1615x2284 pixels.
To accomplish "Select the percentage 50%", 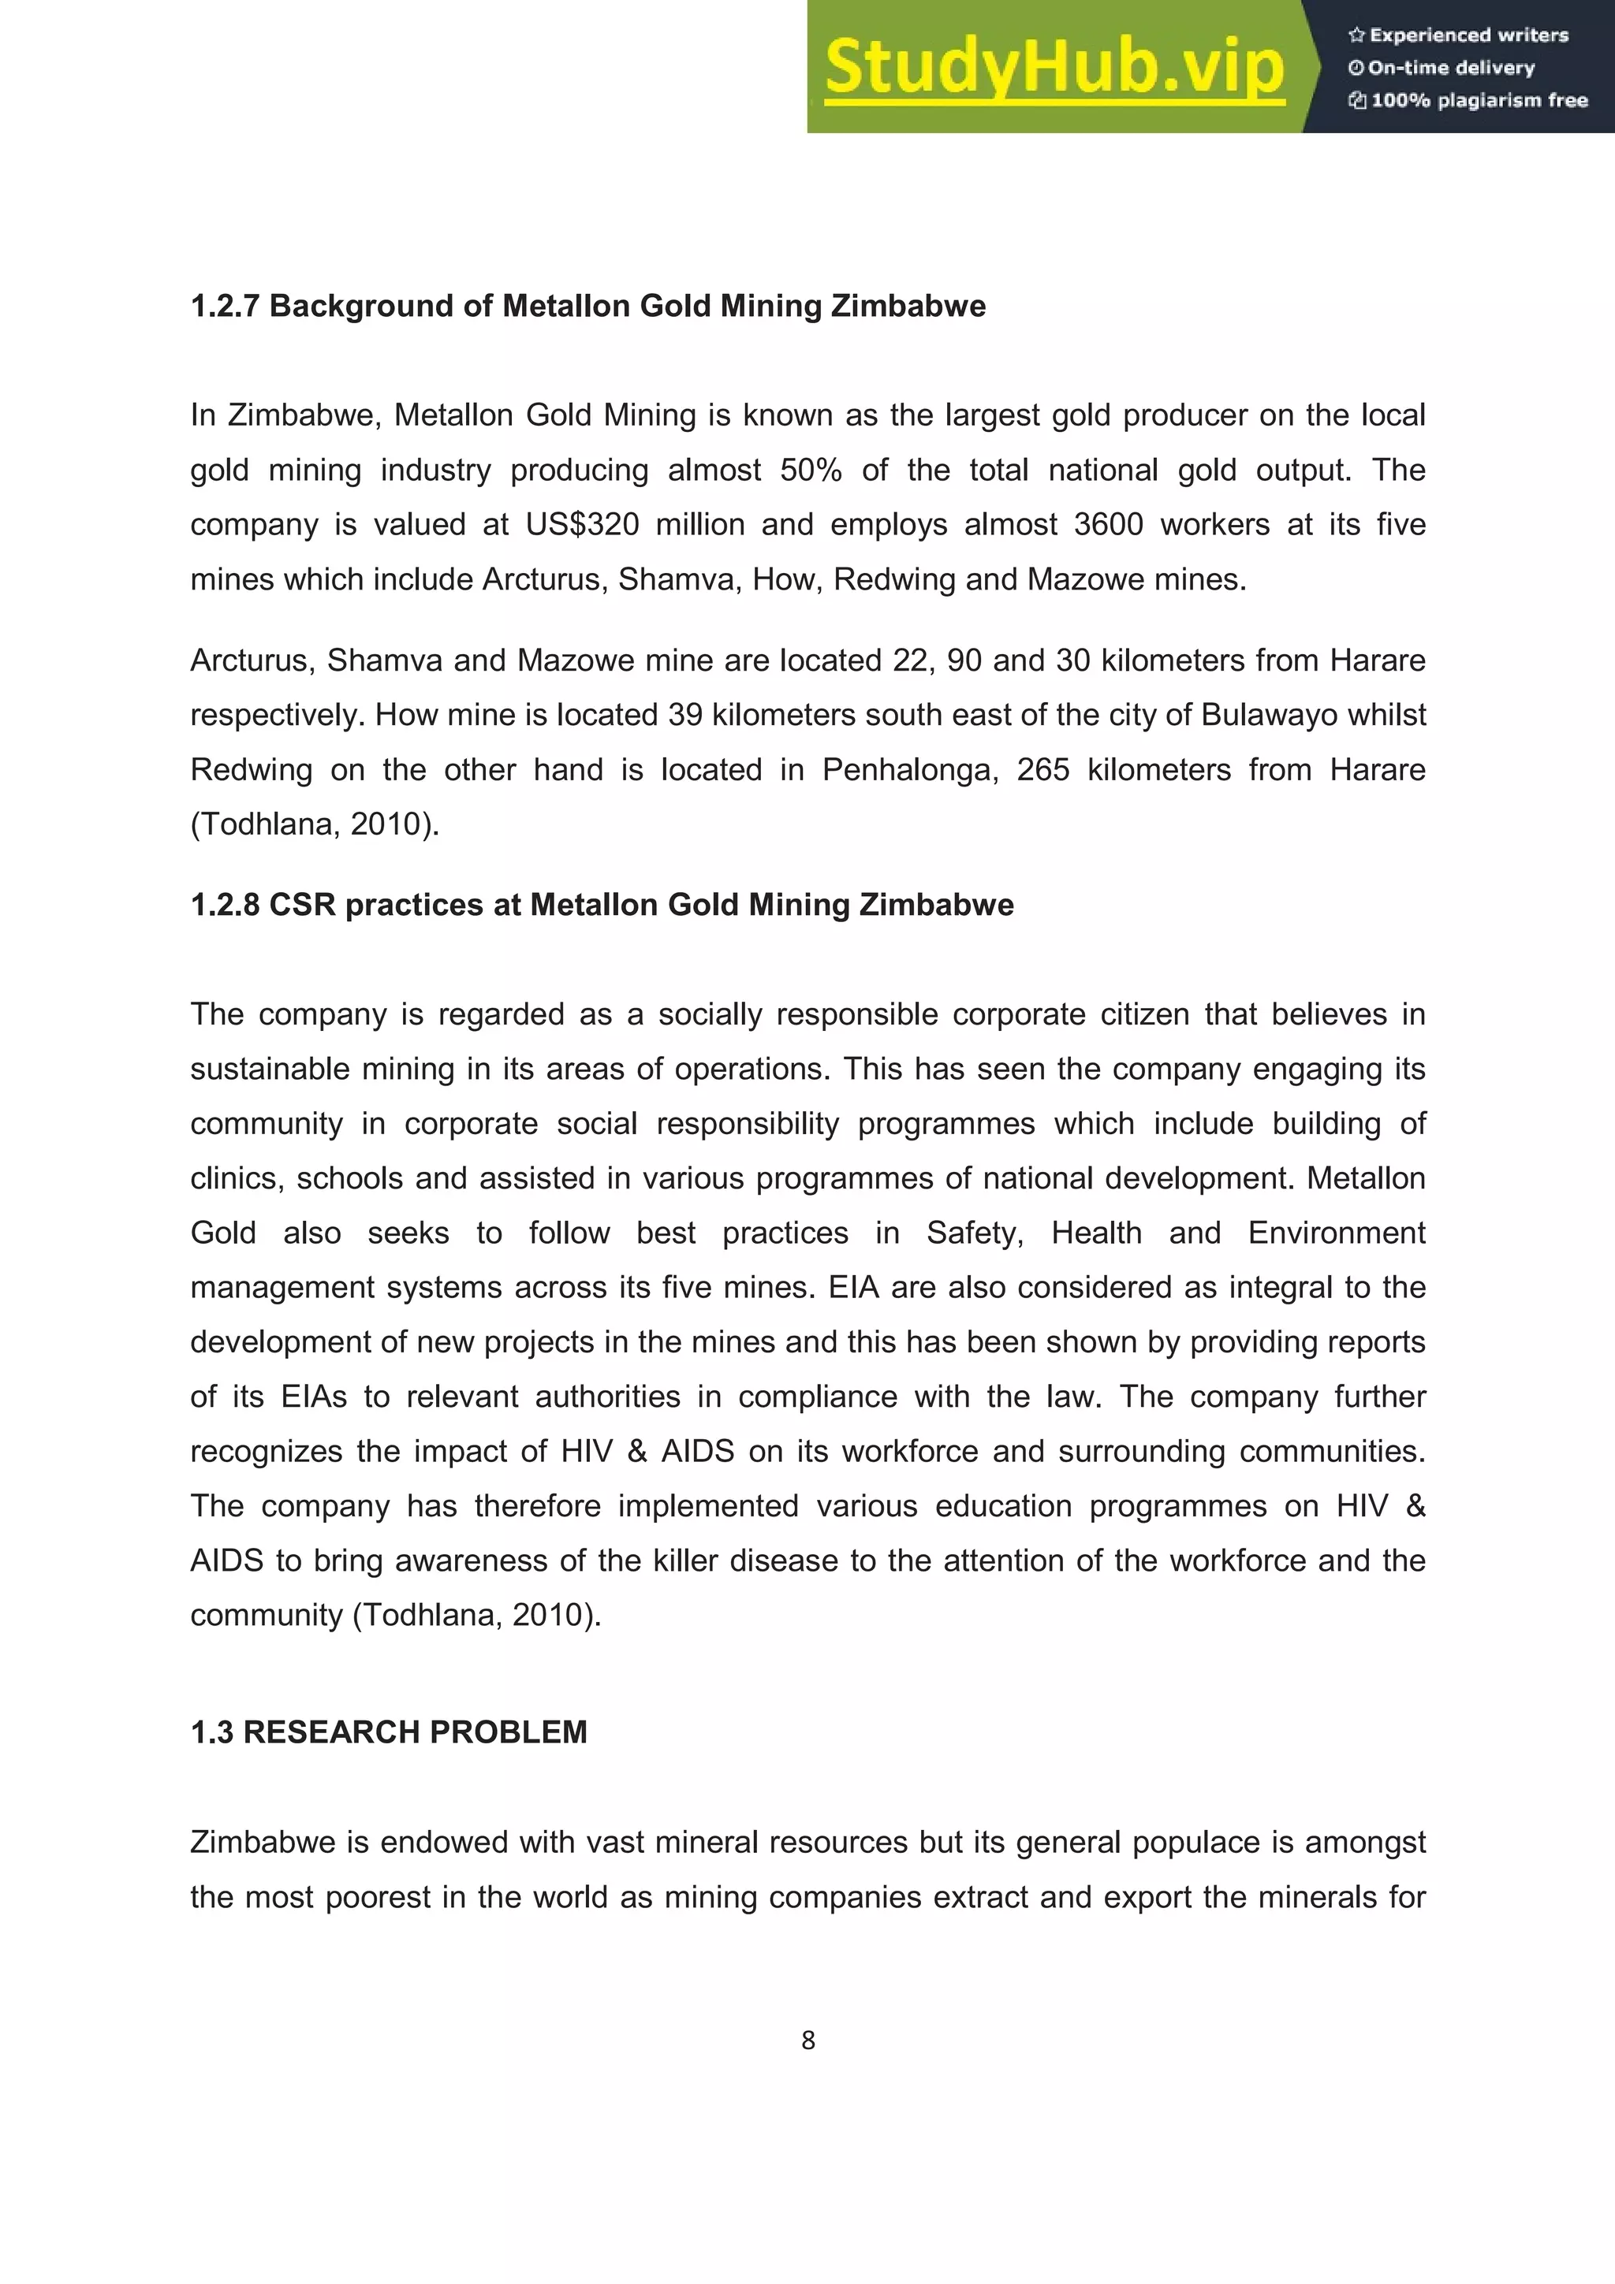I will (x=811, y=470).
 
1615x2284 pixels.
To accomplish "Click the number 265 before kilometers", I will (x=1042, y=770).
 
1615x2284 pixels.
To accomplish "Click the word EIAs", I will (x=313, y=1397).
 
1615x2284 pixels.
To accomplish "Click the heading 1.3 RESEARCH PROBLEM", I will (x=388, y=1732).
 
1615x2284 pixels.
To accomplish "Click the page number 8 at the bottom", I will (x=808, y=2040).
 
